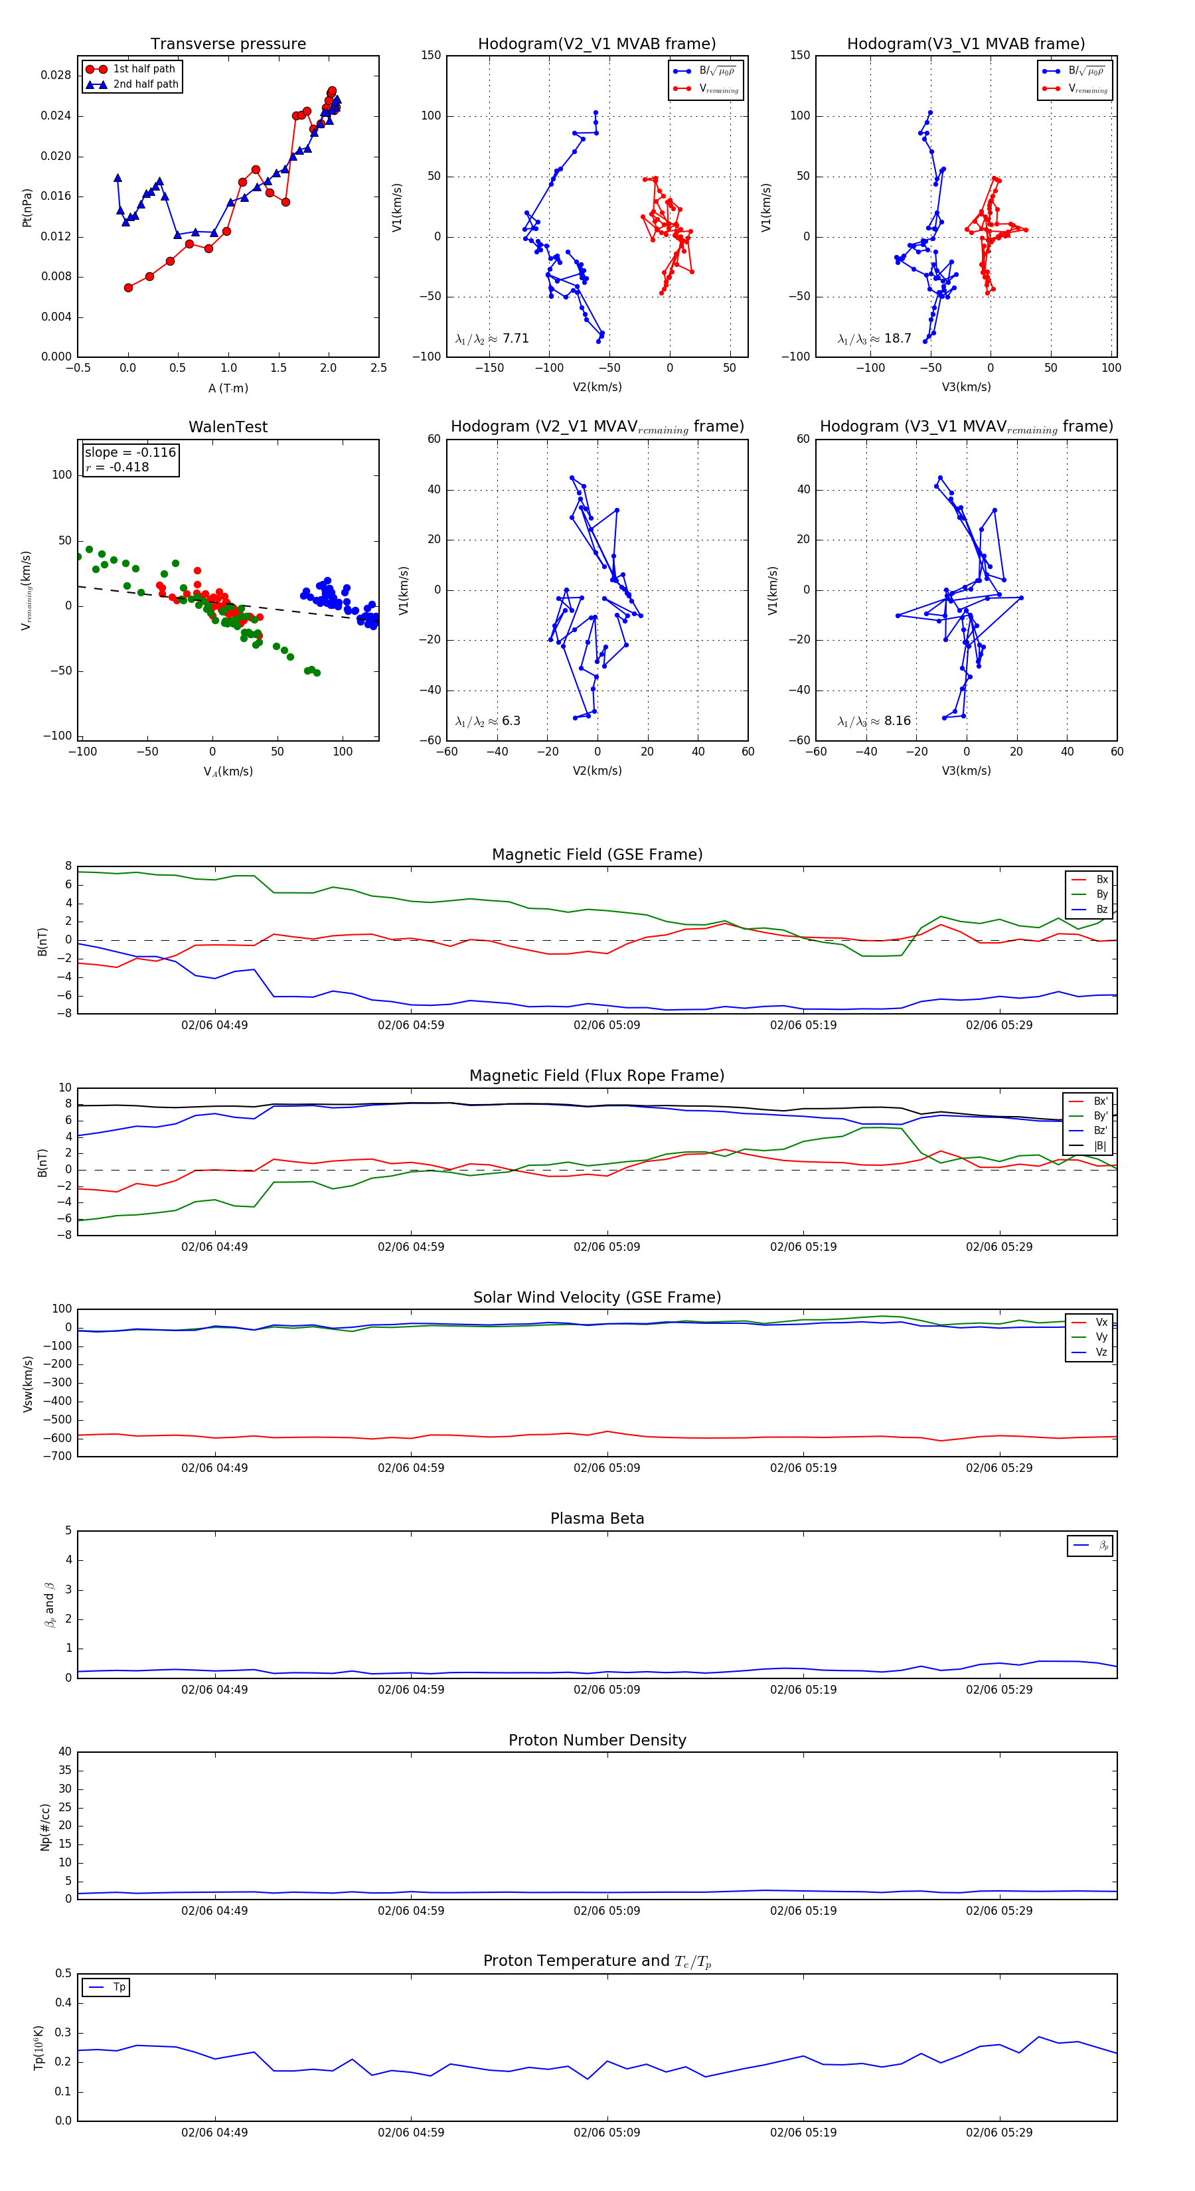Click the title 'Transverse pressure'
click(x=228, y=44)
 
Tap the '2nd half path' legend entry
click(x=145, y=84)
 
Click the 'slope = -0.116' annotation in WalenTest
click(x=130, y=453)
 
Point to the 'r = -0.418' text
click(x=118, y=467)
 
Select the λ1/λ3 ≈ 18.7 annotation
click(x=874, y=339)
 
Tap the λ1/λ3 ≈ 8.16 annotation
click(x=874, y=721)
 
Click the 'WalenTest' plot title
click(x=228, y=427)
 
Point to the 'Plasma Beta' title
click(x=597, y=1518)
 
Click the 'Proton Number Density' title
click(x=597, y=1740)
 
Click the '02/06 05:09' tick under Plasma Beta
click(x=606, y=1689)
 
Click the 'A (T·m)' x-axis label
click(x=228, y=388)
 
